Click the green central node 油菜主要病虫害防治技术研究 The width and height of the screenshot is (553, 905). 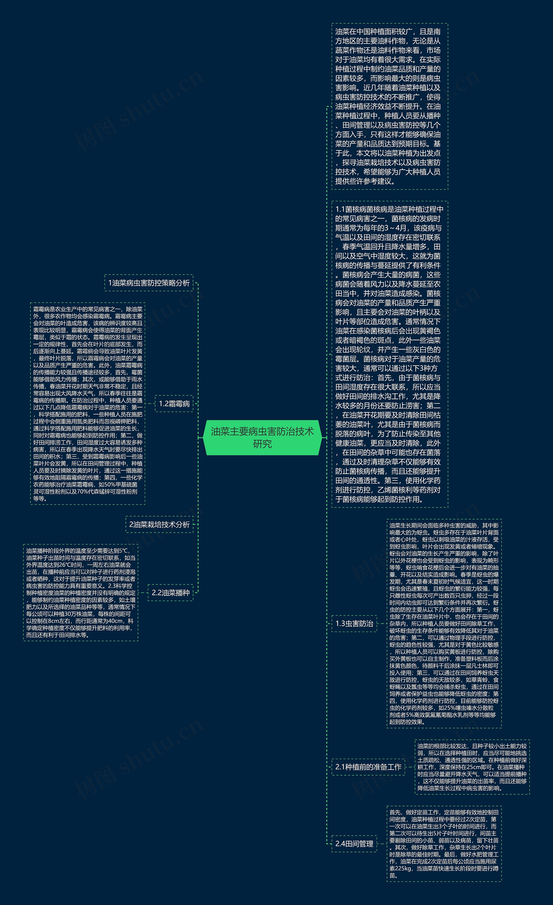262,437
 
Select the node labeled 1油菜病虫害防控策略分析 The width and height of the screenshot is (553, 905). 149,283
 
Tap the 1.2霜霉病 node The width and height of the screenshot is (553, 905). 174,403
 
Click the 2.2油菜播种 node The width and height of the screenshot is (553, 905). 171,592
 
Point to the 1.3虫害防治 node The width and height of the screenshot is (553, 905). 354,623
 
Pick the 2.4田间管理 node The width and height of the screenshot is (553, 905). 354,844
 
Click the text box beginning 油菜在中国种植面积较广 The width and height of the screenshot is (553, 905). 390,106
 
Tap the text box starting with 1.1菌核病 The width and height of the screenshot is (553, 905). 390,354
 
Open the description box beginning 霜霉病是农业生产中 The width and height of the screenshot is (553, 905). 88,403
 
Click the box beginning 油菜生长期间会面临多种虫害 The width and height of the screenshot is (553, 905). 444,623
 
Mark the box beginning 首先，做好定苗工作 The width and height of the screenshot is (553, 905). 444,844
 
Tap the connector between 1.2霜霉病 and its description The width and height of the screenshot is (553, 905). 150,403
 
